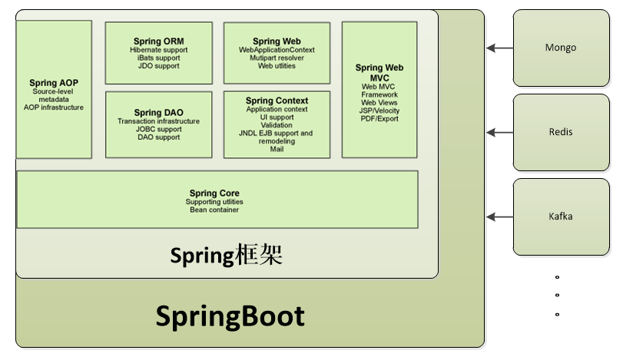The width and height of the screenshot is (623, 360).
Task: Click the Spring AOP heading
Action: [x=53, y=83]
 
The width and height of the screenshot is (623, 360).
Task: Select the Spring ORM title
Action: [x=158, y=41]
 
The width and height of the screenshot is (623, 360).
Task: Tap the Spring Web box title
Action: [x=277, y=41]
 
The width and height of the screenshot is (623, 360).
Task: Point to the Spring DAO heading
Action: [x=158, y=113]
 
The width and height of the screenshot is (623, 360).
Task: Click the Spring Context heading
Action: [x=277, y=101]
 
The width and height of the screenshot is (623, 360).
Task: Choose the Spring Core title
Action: [x=214, y=193]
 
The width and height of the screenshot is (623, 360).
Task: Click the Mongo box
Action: [x=560, y=48]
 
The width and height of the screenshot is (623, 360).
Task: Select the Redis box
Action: [x=560, y=132]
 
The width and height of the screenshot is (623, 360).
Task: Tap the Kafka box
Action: [x=560, y=216]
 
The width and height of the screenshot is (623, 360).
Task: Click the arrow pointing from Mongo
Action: [x=500, y=48]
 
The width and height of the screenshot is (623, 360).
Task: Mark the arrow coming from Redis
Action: [x=500, y=133]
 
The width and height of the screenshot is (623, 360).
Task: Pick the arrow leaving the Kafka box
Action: [x=500, y=217]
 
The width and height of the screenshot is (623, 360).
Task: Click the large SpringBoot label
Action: [x=230, y=316]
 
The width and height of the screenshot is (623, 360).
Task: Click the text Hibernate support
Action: [x=158, y=50]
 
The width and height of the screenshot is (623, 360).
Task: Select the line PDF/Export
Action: [x=379, y=119]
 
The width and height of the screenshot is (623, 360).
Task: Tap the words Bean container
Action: [x=214, y=210]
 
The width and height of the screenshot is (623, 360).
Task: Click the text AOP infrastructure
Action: [x=53, y=107]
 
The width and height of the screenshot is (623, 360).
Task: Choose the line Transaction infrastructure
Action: [x=158, y=121]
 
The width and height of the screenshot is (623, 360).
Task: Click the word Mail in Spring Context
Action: [x=277, y=149]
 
